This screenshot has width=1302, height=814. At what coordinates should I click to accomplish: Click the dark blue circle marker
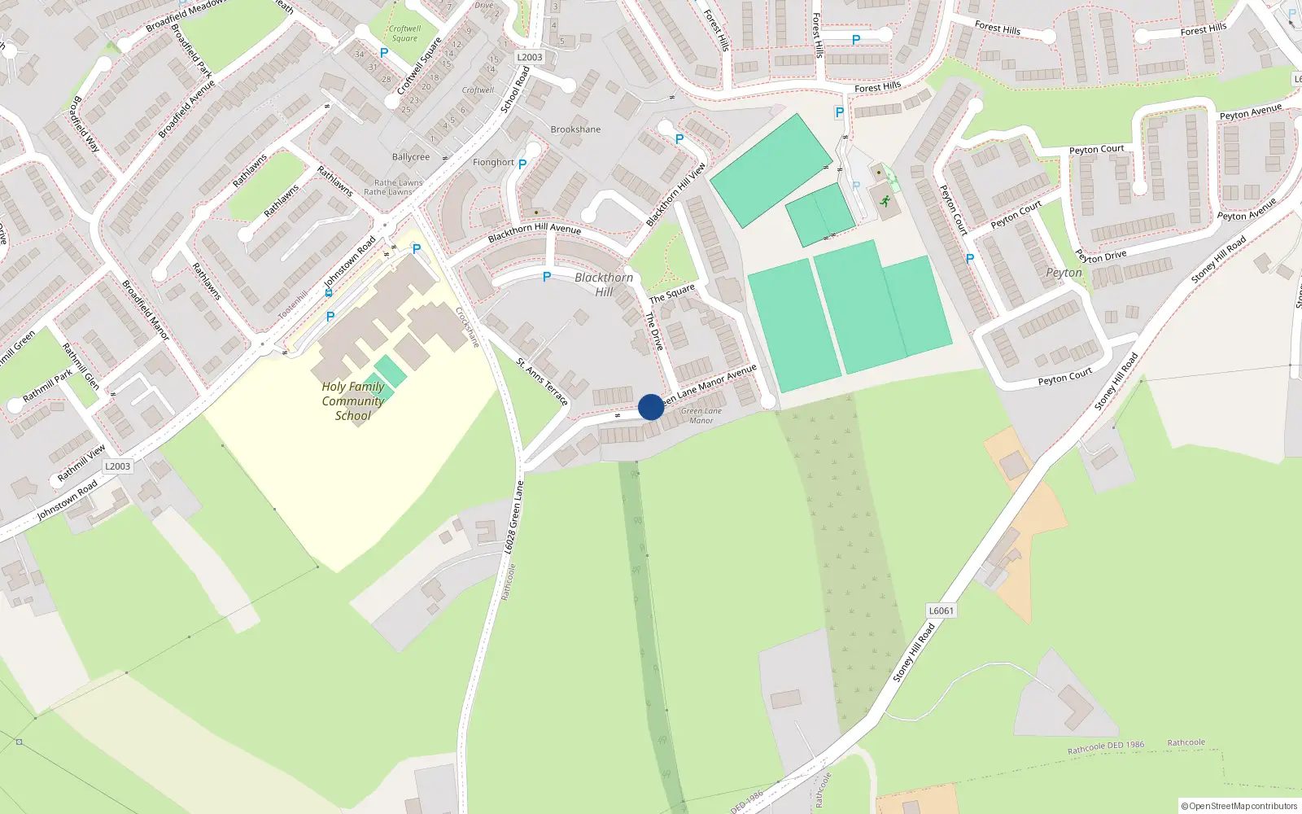pyautogui.click(x=651, y=407)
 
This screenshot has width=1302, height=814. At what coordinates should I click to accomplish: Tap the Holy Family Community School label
pyautogui.click(x=353, y=401)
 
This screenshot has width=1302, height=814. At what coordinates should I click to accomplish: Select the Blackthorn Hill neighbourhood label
pyautogui.click(x=604, y=284)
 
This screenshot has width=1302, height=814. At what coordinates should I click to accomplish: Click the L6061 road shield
pyautogui.click(x=941, y=610)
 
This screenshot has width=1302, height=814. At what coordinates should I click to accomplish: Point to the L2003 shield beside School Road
pyautogui.click(x=530, y=57)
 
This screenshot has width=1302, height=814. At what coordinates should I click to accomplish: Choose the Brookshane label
pyautogui.click(x=575, y=129)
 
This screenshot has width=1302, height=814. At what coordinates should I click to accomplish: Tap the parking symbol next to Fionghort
pyautogui.click(x=522, y=164)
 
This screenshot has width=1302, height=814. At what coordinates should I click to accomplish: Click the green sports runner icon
pyautogui.click(x=885, y=201)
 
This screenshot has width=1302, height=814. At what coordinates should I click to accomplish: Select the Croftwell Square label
pyautogui.click(x=404, y=33)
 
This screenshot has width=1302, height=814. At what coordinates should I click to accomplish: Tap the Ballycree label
pyautogui.click(x=411, y=157)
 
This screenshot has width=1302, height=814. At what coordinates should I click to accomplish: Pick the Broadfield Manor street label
pyautogui.click(x=146, y=310)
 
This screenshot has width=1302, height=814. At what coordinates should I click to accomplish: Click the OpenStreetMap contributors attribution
pyautogui.click(x=1239, y=806)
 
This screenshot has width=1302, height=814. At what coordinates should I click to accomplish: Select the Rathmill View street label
pyautogui.click(x=81, y=463)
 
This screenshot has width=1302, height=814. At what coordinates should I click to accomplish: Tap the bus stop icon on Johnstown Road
pyautogui.click(x=329, y=292)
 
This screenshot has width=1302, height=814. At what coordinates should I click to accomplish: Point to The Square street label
pyautogui.click(x=672, y=293)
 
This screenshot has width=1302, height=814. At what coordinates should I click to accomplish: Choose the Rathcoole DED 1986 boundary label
pyautogui.click(x=1106, y=746)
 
